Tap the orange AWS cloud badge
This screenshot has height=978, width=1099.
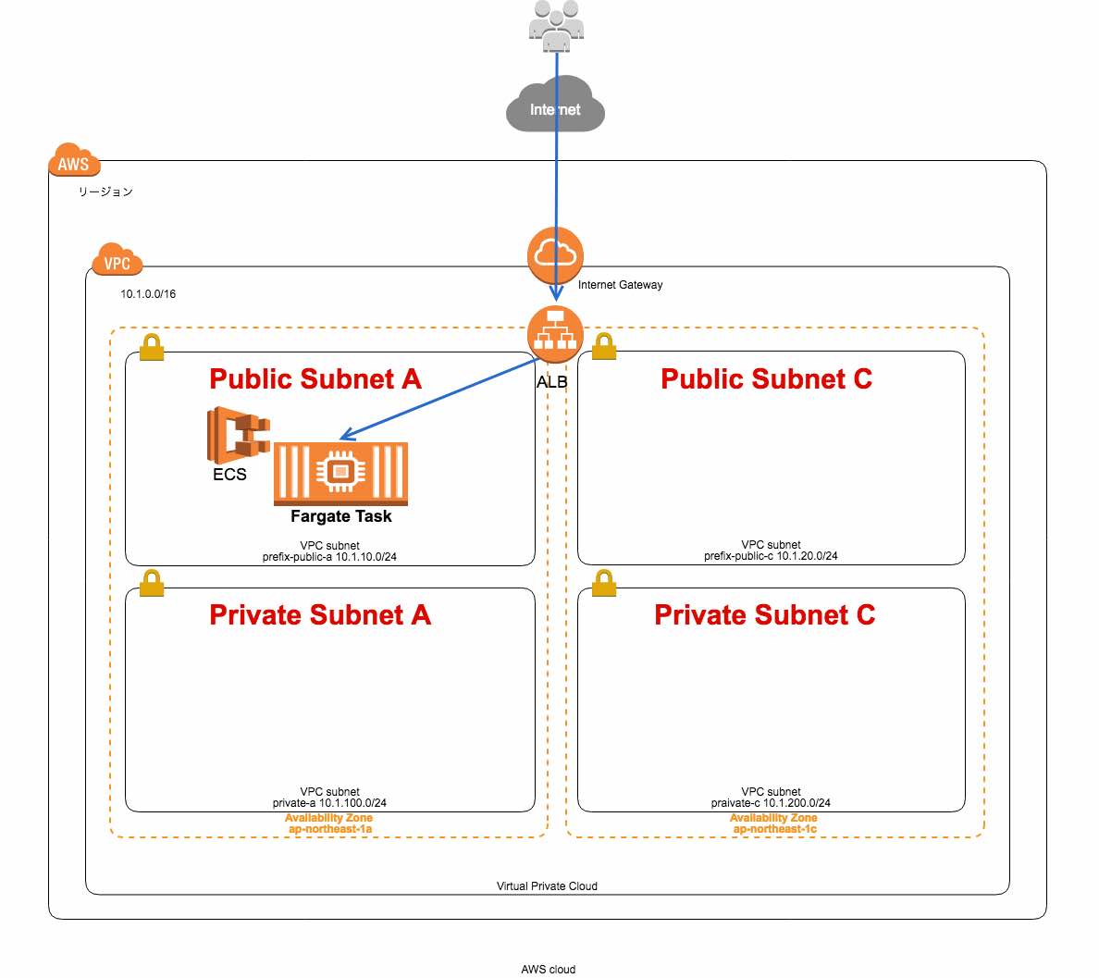pos(73,162)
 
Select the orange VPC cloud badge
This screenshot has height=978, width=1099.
pos(117,262)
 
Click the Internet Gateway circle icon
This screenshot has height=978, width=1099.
pos(555,254)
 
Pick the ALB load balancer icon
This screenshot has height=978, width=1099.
pos(555,334)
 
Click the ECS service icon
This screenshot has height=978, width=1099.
pos(237,435)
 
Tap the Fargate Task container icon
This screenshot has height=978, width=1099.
pos(340,473)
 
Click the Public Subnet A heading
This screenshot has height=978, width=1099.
pos(315,378)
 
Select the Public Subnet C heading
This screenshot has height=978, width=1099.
pos(766,378)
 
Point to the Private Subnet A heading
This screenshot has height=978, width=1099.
pos(320,615)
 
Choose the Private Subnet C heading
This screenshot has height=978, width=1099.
pos(764,615)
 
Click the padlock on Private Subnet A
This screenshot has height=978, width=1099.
pos(152,583)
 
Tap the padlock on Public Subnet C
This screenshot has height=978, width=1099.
pos(604,346)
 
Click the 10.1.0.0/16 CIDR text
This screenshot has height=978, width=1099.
pos(148,294)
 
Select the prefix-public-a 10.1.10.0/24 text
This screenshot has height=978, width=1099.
pos(329,557)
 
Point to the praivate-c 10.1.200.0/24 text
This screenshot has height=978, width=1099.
pos(771,803)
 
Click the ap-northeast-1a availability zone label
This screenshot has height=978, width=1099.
pos(329,829)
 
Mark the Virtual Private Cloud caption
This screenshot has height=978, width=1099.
pos(547,886)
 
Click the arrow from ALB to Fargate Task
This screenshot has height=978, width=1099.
pos(439,400)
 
